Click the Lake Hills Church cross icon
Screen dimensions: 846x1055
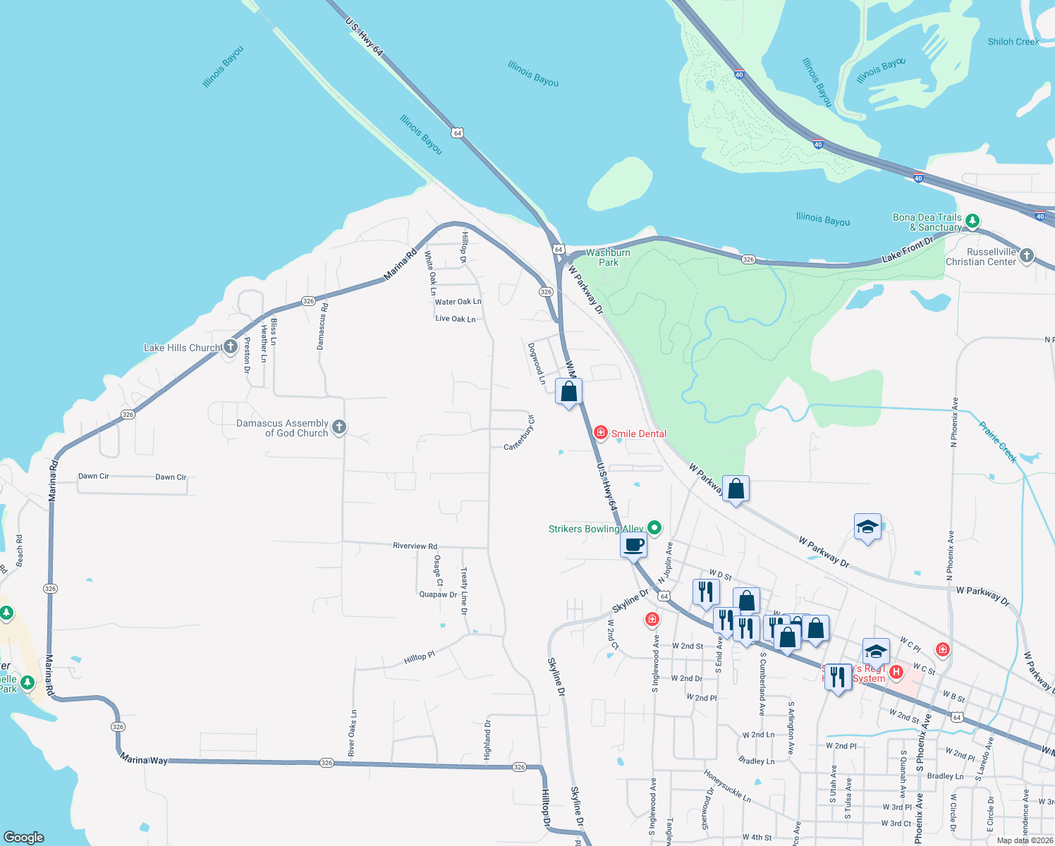pos(230,346)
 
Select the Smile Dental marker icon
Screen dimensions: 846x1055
pos(600,432)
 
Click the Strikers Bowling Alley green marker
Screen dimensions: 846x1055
pos(654,527)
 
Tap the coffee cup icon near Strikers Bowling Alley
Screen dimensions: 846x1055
pos(634,544)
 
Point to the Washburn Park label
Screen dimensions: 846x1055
pos(608,257)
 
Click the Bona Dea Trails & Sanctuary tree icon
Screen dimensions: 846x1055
pos(972,221)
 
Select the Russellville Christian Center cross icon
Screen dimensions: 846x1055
pos(1027,255)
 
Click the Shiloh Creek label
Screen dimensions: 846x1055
pos(1013,42)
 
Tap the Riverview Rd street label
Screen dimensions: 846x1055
pos(415,546)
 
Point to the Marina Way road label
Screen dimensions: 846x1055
pos(144,759)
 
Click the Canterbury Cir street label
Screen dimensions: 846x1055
pos(520,433)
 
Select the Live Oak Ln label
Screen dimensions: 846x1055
pos(456,319)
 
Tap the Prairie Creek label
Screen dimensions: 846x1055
pos(998,442)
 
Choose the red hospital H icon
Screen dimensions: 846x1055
pos(896,671)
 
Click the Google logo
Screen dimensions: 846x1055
pos(24,837)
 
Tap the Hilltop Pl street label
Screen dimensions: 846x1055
pos(420,658)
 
